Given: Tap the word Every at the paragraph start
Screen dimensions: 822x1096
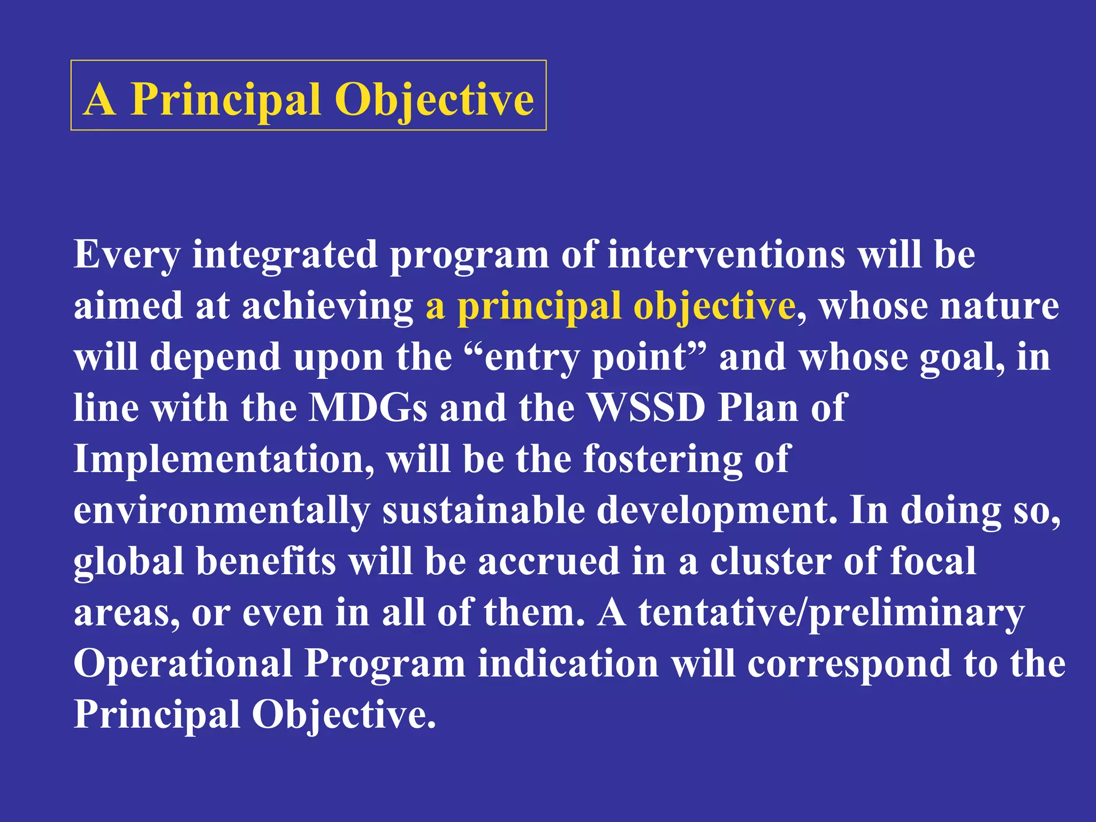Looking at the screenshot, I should (127, 255).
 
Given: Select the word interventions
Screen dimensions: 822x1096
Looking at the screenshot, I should (727, 255).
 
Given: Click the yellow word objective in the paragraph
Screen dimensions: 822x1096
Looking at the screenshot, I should (714, 306).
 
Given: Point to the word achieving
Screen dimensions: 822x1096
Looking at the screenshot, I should (328, 306).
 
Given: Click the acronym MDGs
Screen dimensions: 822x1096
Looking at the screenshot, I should (369, 408).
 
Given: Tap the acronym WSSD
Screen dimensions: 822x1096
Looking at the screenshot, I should (646, 408).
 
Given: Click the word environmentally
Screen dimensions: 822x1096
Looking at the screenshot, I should (222, 511).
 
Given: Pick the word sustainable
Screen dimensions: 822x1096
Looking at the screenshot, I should (484, 511).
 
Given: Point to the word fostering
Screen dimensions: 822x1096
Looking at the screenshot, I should (663, 459).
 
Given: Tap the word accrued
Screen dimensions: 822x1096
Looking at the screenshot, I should (549, 561).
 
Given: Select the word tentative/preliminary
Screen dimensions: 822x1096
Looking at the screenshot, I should (831, 613).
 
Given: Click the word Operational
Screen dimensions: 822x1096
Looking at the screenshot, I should (183, 664).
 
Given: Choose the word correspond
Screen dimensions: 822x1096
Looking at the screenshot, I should (849, 664).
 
